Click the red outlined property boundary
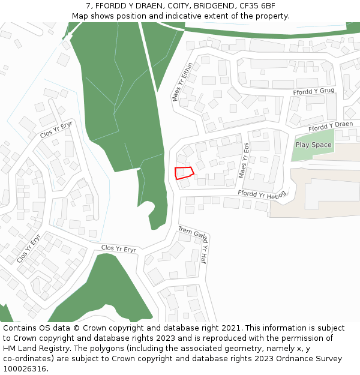point(184,173)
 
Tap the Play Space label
point(313,145)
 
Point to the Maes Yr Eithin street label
point(182,82)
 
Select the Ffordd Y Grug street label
point(313,91)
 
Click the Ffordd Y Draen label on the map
point(331,127)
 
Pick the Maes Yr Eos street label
point(244,160)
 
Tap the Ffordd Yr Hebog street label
point(262,194)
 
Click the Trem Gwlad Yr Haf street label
point(193,244)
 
